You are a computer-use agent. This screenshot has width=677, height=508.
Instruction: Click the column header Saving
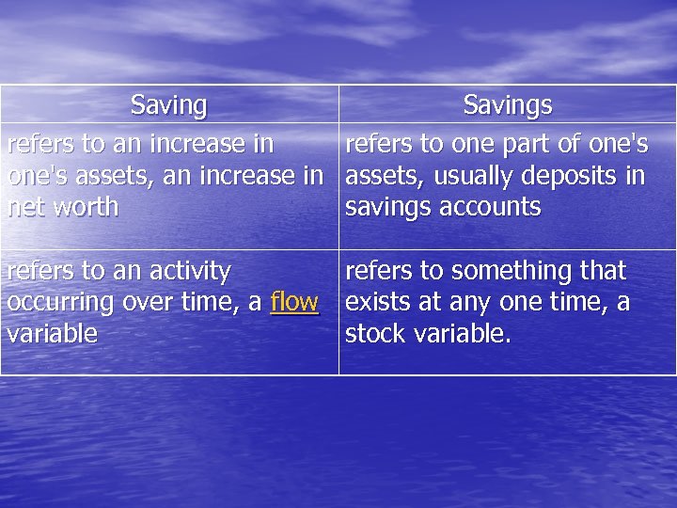coord(169,104)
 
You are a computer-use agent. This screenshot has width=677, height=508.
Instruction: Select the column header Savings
coord(508,104)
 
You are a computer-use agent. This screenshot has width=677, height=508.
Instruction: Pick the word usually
coord(478,176)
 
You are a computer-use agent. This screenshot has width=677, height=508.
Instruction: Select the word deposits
coord(573,176)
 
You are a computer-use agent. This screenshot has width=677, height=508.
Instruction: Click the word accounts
coord(493,207)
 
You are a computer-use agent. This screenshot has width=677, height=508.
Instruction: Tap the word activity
coord(184,271)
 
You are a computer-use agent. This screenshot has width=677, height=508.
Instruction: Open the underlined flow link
coord(294,302)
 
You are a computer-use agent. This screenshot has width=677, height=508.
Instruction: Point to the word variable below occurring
coord(52,334)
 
